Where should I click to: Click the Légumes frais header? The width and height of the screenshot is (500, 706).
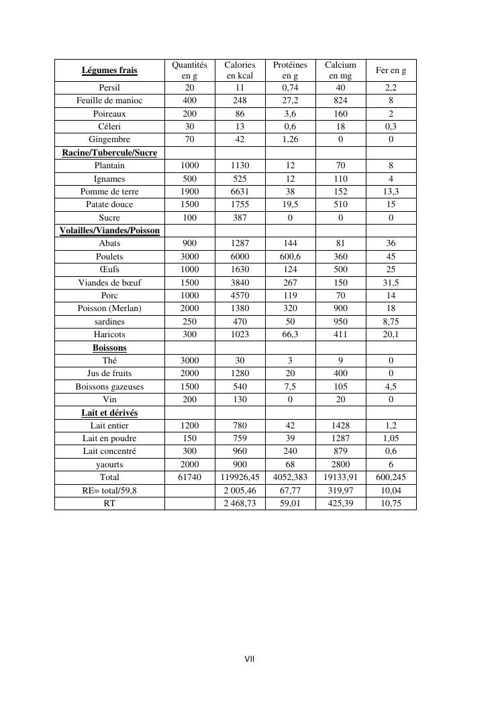[109, 70]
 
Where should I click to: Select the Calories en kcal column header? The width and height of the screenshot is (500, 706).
[240, 70]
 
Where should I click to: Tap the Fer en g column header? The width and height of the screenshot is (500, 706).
[391, 70]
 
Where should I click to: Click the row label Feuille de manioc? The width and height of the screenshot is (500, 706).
[109, 101]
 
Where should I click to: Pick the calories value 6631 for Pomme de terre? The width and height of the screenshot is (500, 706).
[240, 192]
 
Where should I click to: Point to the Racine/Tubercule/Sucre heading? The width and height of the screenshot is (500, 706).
[109, 153]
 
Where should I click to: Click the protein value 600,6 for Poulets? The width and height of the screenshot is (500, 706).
[290, 257]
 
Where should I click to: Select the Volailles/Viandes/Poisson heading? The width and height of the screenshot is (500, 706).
[109, 231]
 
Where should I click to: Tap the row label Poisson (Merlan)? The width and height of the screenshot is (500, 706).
[109, 308]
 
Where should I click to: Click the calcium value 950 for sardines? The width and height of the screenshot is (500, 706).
[340, 322]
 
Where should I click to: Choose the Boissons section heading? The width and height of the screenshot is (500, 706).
[109, 348]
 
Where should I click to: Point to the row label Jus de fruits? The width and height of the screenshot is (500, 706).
[109, 373]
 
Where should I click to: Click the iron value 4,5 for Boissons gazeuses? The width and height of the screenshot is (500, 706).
[391, 387]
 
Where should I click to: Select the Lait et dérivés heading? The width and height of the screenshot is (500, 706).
[109, 413]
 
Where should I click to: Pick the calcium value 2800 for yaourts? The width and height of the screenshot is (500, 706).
[340, 465]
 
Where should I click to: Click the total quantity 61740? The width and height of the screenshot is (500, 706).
[190, 477]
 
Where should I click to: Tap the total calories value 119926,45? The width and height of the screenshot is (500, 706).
[240, 477]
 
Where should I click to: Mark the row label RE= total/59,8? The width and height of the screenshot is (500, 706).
[109, 491]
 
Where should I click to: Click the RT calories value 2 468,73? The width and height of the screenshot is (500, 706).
[240, 504]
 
